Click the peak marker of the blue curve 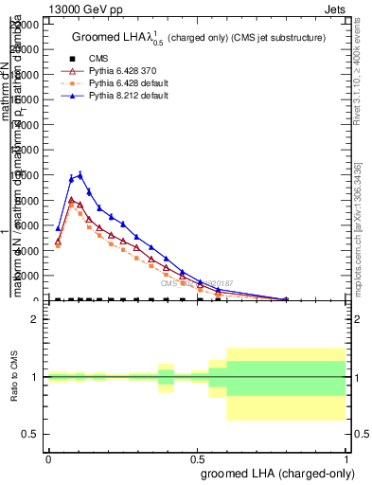[x=80, y=174]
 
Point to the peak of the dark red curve [x=71, y=200]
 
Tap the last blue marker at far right [x=286, y=298]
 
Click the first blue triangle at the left [x=58, y=228]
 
